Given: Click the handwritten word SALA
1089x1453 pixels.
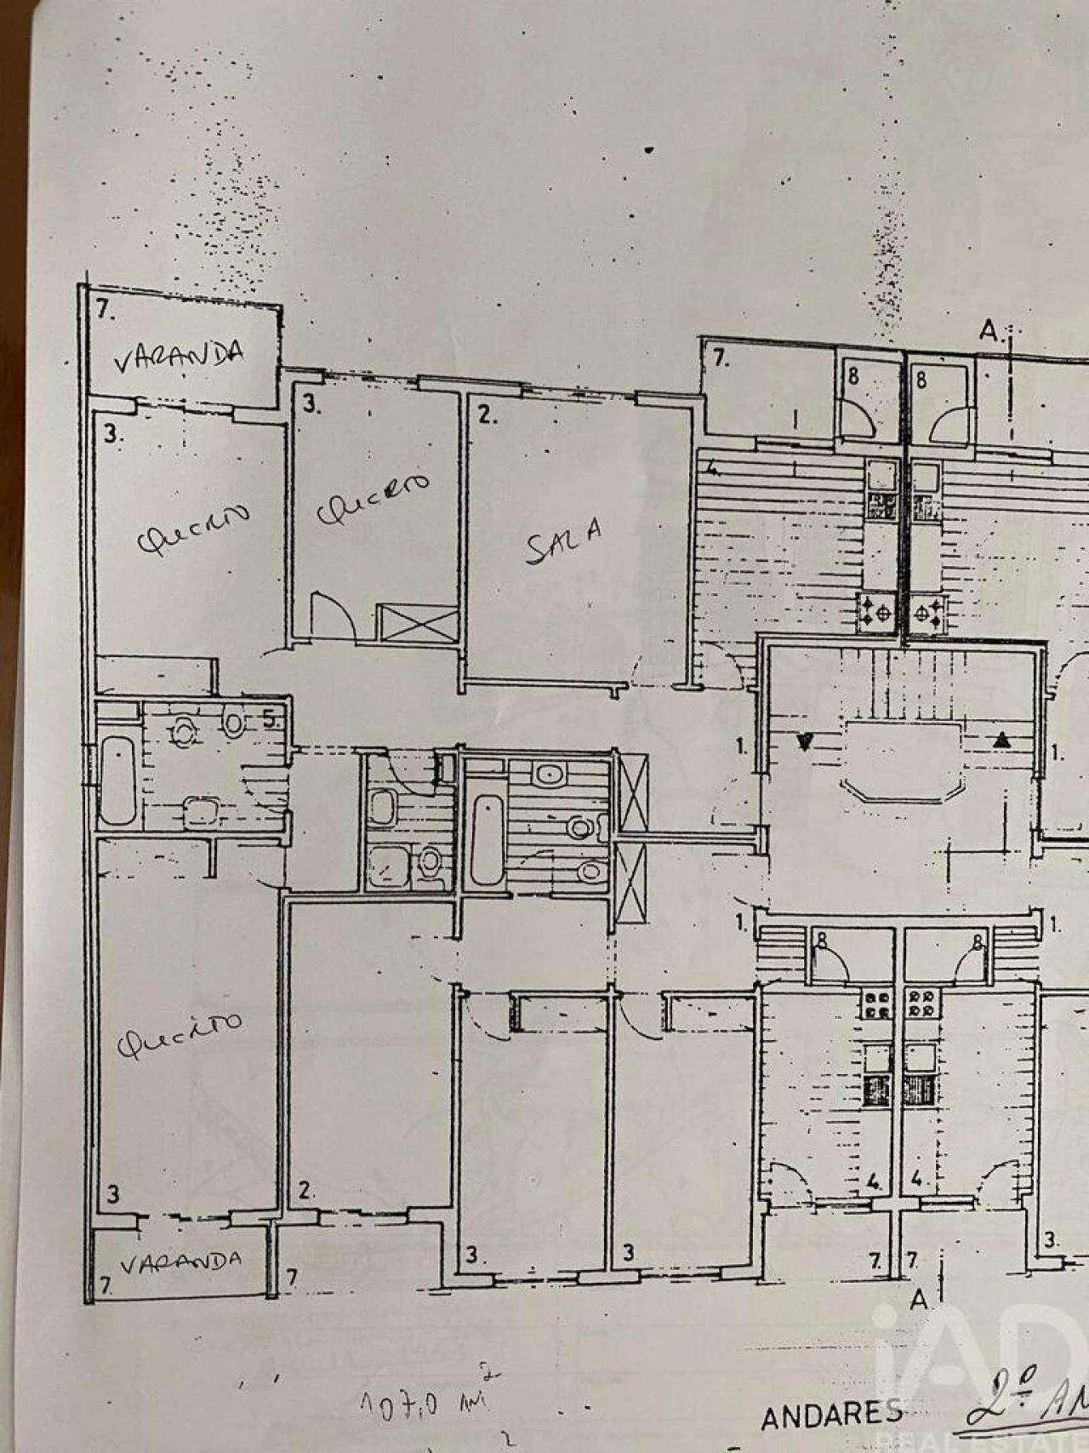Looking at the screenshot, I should point(564,541).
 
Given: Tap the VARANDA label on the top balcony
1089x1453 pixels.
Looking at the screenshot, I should point(180,356).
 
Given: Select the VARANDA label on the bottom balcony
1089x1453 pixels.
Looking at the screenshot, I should point(180,1261).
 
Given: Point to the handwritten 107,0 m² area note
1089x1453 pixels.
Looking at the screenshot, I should point(426,1401).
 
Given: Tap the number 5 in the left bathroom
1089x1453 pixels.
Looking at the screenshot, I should point(269,719).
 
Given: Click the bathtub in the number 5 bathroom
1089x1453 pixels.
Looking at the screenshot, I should point(117,781).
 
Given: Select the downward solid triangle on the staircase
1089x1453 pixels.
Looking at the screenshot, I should point(804,741).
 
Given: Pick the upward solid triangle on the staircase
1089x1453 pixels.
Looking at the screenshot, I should point(1001,741).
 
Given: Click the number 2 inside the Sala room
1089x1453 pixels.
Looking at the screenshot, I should point(487,416).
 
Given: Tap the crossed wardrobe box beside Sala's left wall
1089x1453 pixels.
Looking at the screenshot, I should point(417,622).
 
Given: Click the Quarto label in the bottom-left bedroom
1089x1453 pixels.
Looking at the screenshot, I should point(179,1036).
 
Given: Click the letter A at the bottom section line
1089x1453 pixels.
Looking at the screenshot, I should point(917,1300).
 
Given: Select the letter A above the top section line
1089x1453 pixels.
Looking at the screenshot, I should point(989,330).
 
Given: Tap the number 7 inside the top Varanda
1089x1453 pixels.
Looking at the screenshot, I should point(105,309).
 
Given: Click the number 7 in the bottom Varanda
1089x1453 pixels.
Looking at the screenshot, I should point(105,1285).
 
